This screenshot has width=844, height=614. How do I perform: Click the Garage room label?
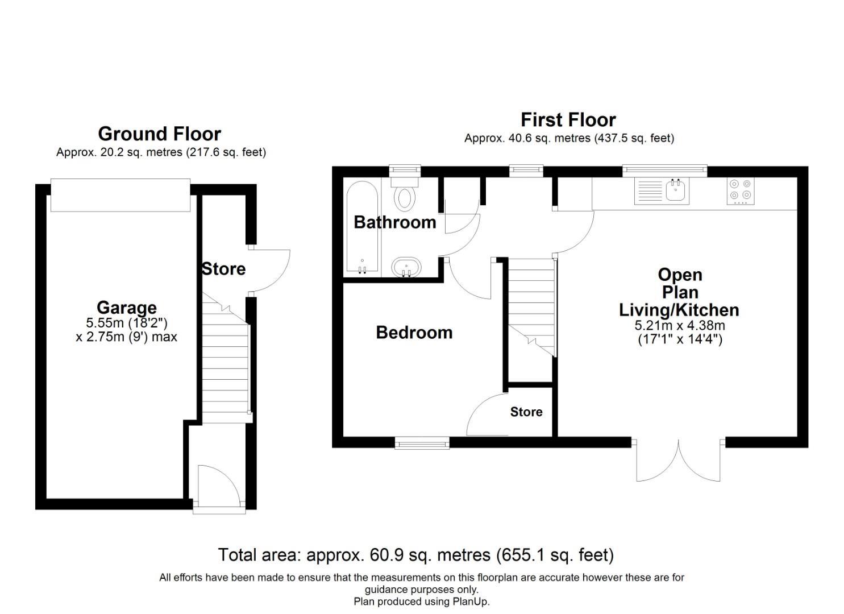pos(127,308)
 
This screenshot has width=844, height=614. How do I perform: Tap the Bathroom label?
pos(395,222)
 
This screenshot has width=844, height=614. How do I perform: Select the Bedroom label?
pos(414,333)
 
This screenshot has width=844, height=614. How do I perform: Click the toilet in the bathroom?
pos(405,192)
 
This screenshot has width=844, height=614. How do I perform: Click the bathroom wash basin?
pos(406,267)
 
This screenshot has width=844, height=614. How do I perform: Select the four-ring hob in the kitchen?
pos(741,192)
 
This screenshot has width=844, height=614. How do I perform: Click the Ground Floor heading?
pos(159,134)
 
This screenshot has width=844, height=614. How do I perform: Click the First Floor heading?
pos(568,120)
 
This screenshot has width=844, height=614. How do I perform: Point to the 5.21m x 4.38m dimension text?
pos(680,325)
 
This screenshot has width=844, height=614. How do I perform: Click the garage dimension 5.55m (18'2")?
pos(127,323)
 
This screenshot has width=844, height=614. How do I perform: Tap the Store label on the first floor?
pos(526,412)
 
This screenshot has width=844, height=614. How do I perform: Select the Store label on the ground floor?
pos(224,269)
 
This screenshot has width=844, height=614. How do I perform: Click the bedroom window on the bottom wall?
pos(422,443)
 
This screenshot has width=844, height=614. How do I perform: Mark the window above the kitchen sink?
pos(664,171)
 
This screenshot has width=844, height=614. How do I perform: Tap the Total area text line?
pos(416,555)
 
